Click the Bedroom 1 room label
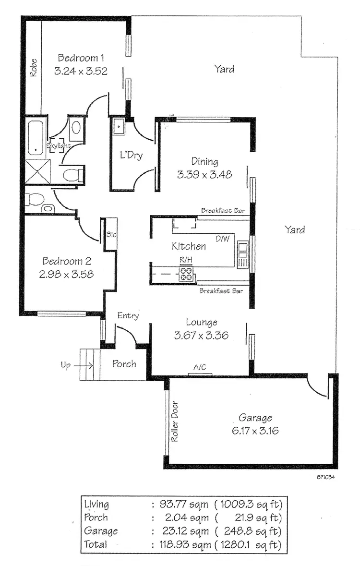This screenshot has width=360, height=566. (x=81, y=58)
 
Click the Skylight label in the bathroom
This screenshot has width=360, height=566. (x=59, y=145)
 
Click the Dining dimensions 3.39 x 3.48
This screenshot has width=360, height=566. (x=204, y=174)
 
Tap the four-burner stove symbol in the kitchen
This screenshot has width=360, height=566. (x=187, y=274)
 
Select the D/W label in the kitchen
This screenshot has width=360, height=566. (x=222, y=239)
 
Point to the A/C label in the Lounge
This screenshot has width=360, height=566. (x=200, y=367)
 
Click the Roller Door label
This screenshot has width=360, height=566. (x=175, y=421)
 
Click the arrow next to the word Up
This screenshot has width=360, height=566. (x=84, y=365)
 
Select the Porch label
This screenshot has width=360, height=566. (x=124, y=364)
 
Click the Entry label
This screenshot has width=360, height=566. (x=128, y=315)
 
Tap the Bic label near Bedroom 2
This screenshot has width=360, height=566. (x=111, y=235)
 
